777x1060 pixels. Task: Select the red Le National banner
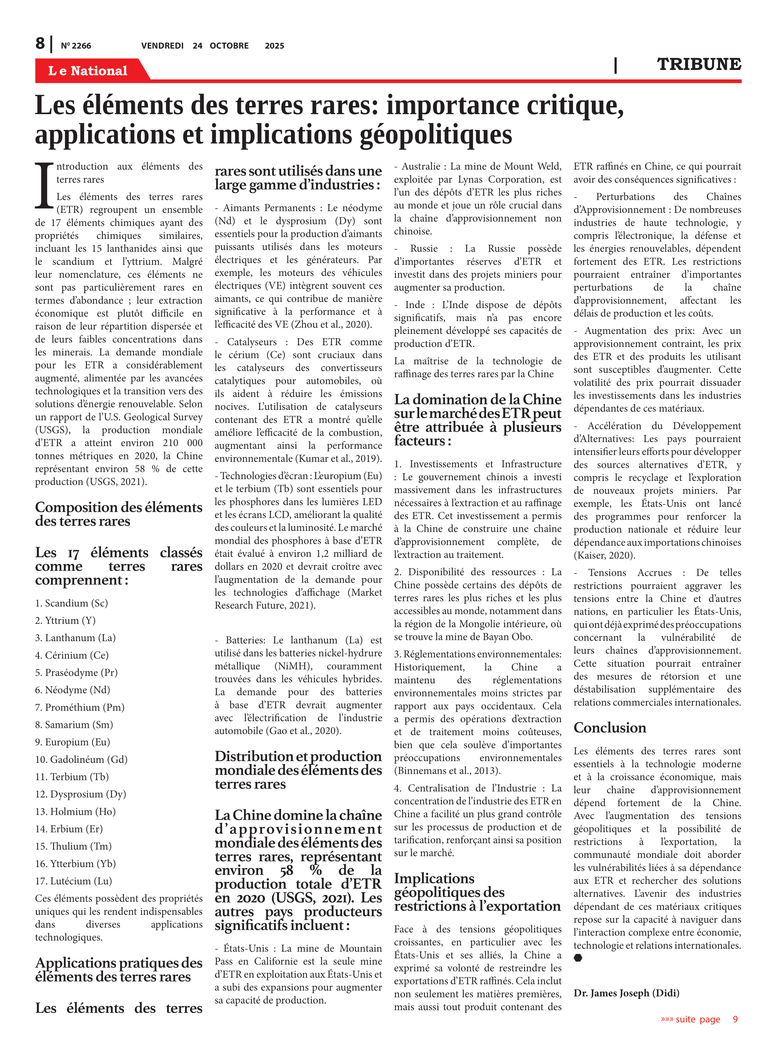tap(88, 71)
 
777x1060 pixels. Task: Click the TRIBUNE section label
tap(699, 64)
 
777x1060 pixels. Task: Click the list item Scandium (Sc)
tap(71, 603)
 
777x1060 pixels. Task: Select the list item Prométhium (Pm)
tap(79, 707)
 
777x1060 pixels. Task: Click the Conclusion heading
tap(610, 728)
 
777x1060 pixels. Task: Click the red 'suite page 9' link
tap(699, 1019)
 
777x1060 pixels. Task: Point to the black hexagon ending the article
tap(578, 958)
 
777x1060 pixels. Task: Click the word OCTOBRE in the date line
tap(229, 46)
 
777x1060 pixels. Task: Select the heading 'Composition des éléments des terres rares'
tap(119, 514)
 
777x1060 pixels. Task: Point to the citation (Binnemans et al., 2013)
tap(447, 771)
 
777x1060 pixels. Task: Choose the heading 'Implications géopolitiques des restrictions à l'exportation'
tap(477, 892)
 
